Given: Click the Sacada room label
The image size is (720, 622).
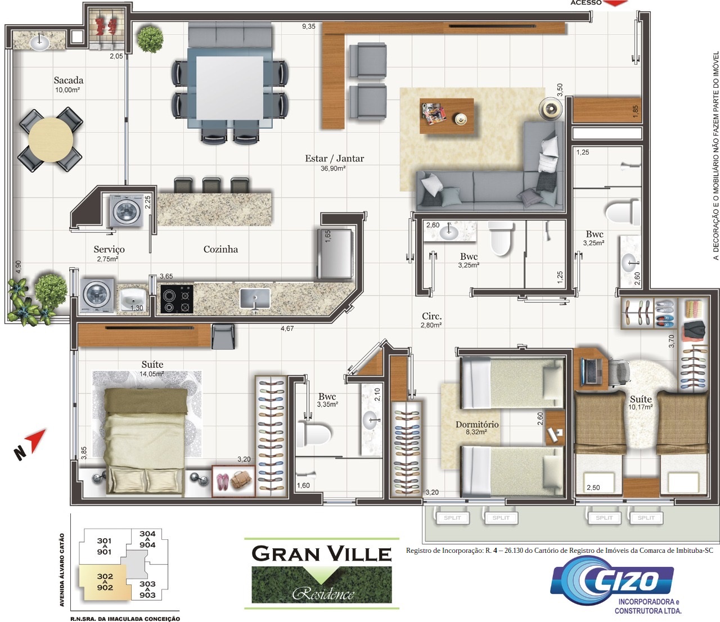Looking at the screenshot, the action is (x=69, y=80).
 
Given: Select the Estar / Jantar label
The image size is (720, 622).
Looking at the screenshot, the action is (x=334, y=159).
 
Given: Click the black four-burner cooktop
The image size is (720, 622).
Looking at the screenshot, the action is (x=177, y=299).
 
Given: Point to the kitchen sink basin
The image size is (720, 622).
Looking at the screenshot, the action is (x=255, y=298).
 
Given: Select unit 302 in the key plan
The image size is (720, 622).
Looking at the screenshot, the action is (x=105, y=582).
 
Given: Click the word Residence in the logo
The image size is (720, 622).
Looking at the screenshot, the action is (x=323, y=594).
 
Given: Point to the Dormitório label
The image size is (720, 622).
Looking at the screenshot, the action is (x=477, y=425).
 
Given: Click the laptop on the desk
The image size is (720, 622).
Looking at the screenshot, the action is (x=591, y=371).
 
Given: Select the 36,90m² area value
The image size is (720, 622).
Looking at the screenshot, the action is (x=333, y=169).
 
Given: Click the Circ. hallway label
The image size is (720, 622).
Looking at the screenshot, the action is (x=432, y=316).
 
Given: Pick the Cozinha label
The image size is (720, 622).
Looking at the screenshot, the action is (x=221, y=249).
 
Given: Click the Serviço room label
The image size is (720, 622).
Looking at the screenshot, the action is (x=109, y=249).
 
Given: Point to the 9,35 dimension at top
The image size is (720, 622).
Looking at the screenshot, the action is (x=309, y=26).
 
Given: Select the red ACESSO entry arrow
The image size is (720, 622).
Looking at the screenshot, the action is (x=616, y=3).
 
